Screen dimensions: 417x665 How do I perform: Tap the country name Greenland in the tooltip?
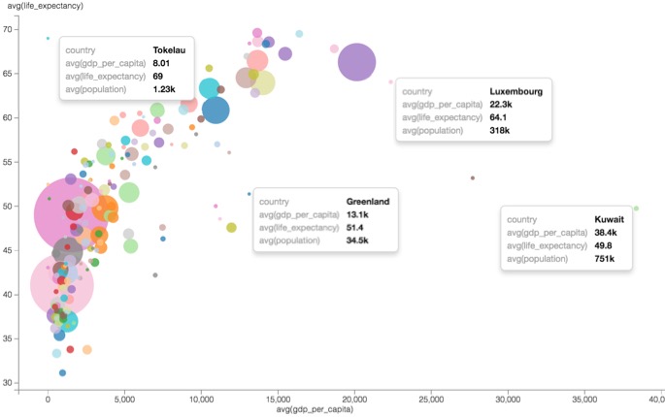pyautogui.click(x=368, y=201)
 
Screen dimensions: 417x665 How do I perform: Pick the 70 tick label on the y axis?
pyautogui.click(x=33, y=29)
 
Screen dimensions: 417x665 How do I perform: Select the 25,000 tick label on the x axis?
pyautogui.click(x=430, y=399)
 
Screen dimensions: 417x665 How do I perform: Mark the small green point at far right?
pyautogui.click(x=636, y=208)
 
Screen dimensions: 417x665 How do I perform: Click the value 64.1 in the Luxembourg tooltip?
pyautogui.click(x=498, y=117)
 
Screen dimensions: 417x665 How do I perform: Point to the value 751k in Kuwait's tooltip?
pyautogui.click(x=605, y=259)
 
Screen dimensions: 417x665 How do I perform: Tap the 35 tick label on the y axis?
pyautogui.click(x=33, y=338)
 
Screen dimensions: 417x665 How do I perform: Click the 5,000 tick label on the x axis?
pyautogui.click(x=124, y=399)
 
